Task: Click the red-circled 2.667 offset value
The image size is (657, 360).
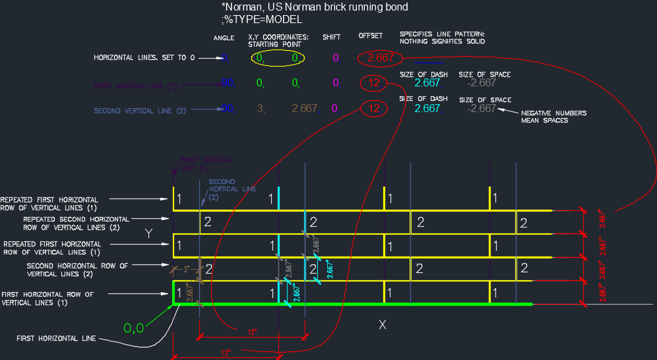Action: coord(381,57)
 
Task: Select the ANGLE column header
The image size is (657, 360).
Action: coord(224,38)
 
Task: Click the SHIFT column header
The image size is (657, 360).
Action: coord(331,37)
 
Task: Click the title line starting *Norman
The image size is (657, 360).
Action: coord(315,8)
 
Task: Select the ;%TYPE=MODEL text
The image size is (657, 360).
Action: coord(262,20)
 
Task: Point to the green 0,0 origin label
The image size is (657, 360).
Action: coord(135,327)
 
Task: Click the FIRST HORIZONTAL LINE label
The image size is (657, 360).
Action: coord(56,338)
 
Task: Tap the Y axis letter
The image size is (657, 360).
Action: coord(150,234)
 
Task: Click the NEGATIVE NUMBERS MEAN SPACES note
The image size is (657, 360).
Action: coord(553,117)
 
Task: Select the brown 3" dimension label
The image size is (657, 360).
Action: coord(185,269)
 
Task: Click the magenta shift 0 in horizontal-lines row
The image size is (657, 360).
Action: coord(335,57)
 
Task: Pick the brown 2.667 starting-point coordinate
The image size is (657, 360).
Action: coord(304,108)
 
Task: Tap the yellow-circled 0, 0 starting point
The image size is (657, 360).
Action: coord(278,58)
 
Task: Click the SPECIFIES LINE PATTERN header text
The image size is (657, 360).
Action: coord(443,37)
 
